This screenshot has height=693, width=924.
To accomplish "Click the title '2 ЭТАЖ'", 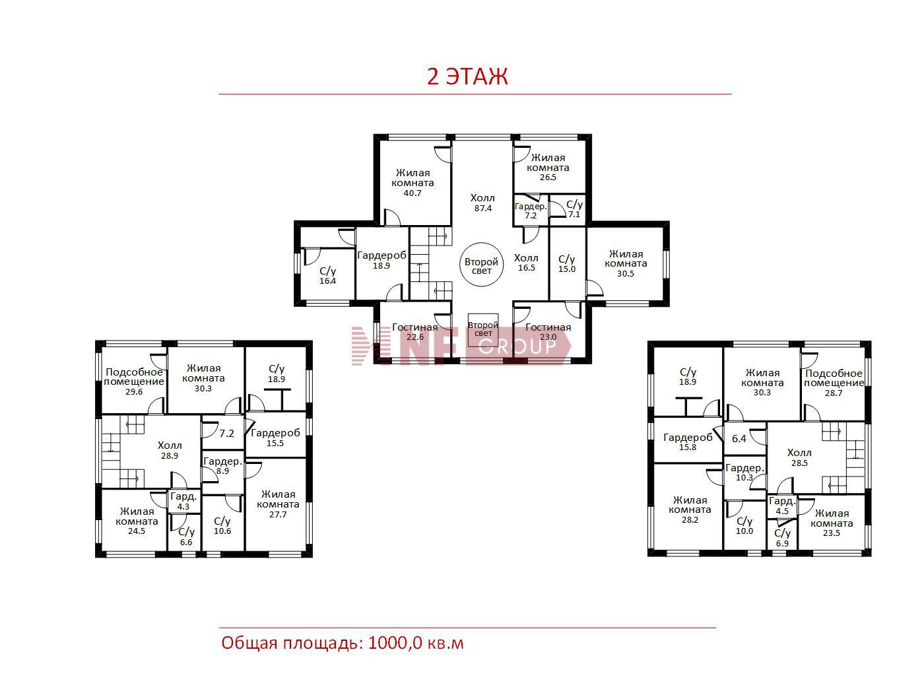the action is click(467, 77).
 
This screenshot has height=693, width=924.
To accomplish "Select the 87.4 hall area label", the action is click(483, 209).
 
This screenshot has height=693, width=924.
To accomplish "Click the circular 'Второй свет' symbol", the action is click(481, 265).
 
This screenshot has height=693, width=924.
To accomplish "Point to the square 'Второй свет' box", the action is click(483, 330).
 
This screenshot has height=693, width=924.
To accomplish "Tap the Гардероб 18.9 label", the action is click(381, 260).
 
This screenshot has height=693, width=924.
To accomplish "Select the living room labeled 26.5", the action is click(548, 167).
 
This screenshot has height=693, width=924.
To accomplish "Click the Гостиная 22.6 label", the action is click(414, 331).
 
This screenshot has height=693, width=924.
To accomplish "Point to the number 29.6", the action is click(134, 392).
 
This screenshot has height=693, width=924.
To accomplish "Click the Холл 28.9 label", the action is click(170, 450).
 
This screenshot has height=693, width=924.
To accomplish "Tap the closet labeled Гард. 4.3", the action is click(183, 501).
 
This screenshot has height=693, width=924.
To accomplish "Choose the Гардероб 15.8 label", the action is click(688, 442).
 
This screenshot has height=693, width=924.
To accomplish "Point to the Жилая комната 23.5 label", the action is click(832, 523).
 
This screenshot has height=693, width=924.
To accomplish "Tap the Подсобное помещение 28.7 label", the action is click(834, 383).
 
